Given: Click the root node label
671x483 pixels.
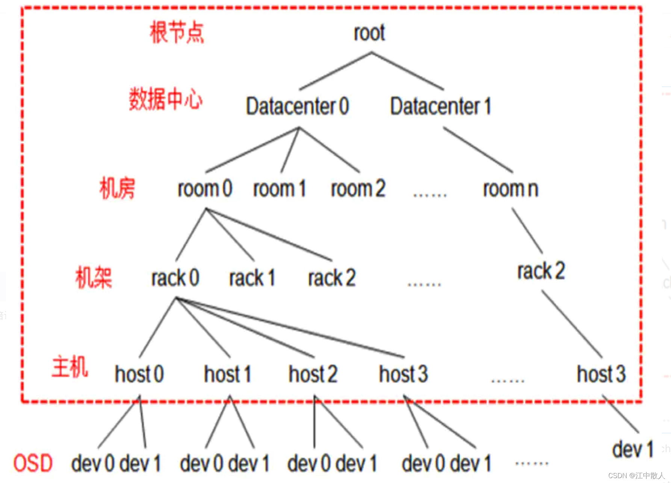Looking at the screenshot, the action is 369,33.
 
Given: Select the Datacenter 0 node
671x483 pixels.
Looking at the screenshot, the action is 297,106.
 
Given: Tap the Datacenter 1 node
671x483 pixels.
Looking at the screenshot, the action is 441,106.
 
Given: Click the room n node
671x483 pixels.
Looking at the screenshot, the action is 511,189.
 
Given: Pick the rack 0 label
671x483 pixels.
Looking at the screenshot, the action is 175,278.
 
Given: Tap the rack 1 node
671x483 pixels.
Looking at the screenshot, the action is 252,278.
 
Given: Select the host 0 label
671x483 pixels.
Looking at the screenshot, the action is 139,374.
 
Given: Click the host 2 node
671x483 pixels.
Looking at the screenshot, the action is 313,374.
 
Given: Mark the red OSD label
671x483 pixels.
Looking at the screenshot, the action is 33,463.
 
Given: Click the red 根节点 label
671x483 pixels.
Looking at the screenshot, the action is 177,32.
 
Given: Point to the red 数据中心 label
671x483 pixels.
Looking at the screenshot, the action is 166,99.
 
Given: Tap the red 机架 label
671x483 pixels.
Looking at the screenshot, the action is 94,278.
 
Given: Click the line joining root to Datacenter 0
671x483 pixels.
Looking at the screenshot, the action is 335,71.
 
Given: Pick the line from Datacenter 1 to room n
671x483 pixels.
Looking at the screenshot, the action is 478,150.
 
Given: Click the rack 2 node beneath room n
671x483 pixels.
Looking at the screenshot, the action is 541,271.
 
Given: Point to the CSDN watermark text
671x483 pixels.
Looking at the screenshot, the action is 636,475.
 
